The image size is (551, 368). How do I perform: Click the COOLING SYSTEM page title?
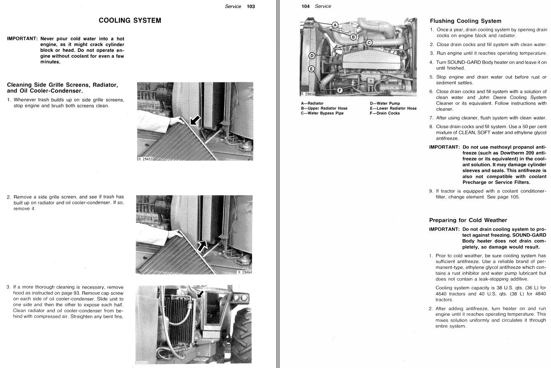pyautogui.click(x=130, y=20)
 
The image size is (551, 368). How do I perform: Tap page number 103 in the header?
pyautogui.click(x=251, y=6)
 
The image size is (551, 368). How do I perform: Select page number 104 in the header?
pyautogui.click(x=305, y=6)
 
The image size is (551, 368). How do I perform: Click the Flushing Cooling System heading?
pyautogui.click(x=465, y=21)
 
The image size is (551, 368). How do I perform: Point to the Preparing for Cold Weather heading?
pyautogui.click(x=468, y=220)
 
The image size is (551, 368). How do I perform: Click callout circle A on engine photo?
pyautogui.click(x=335, y=25)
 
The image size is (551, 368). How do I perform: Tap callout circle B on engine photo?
pyautogui.click(x=353, y=37)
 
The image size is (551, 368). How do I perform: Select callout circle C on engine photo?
pyautogui.click(x=369, y=42)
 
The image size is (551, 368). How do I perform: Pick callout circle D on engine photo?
pyautogui.click(x=312, y=56)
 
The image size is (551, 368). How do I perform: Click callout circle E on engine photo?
pyautogui.click(x=311, y=69)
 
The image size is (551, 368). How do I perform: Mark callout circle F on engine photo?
pyautogui.click(x=340, y=90)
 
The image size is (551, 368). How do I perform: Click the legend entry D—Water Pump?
pyautogui.click(x=384, y=103)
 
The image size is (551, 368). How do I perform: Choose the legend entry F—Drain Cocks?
pyautogui.click(x=384, y=113)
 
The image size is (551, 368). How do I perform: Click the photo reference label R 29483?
pyautogui.click(x=145, y=159)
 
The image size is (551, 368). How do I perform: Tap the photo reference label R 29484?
pyautogui.click(x=245, y=272)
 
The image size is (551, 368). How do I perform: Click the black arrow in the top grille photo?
pyautogui.click(x=196, y=120)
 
